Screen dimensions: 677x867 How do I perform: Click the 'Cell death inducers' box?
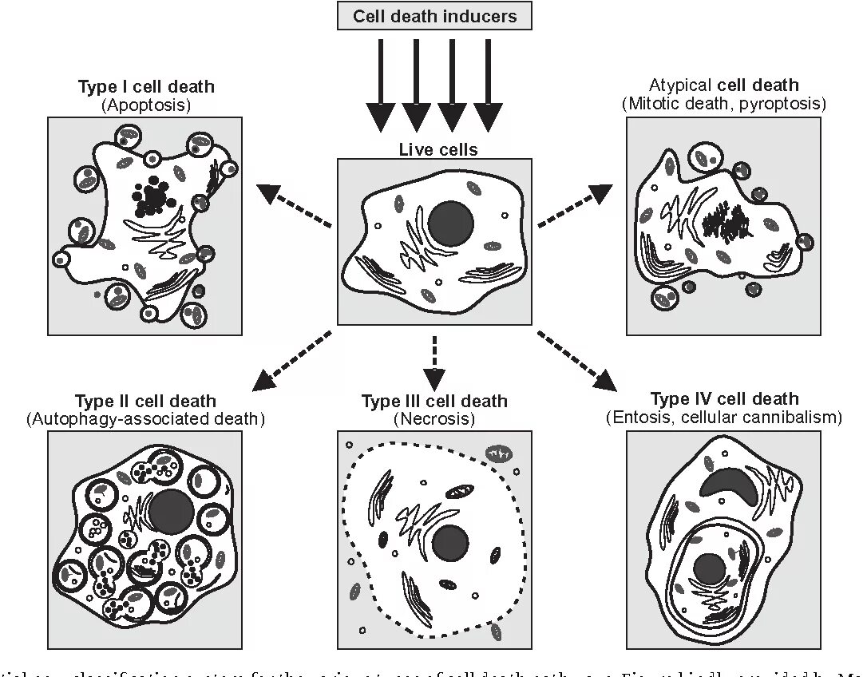(434, 16)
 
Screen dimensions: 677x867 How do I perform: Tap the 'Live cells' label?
(437, 149)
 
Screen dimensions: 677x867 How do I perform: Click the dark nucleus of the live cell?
(451, 222)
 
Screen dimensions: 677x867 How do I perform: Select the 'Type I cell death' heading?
(146, 87)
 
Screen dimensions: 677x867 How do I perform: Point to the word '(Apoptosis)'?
(146, 105)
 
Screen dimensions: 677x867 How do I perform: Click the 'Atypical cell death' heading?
(723, 85)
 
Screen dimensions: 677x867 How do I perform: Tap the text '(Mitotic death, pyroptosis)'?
(723, 104)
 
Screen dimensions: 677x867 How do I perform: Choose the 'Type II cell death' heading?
(145, 401)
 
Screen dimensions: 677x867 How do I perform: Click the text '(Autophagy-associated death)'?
(145, 418)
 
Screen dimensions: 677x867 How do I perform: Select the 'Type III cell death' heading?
(434, 401)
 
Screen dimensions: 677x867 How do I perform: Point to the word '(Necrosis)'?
(434, 418)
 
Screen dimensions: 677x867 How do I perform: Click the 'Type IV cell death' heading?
(724, 399)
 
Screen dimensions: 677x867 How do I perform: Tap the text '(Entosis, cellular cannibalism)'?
(724, 417)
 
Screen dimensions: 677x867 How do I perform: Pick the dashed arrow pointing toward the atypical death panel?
(575, 206)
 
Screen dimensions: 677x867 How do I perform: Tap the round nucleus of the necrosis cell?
(450, 543)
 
